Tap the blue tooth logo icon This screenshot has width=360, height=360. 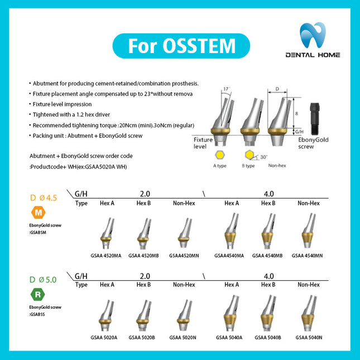[313, 36]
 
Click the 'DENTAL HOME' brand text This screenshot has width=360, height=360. [313, 55]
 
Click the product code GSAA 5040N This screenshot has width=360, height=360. [309, 337]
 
